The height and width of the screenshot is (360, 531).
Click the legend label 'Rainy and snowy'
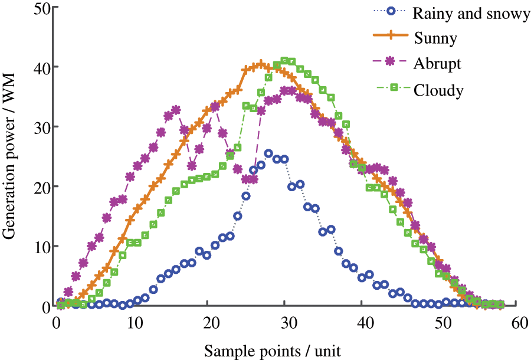tap(472, 14)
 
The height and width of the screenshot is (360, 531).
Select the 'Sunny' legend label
tap(436, 39)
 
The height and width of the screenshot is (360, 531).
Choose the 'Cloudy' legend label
tap(438, 90)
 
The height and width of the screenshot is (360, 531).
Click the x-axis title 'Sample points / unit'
tap(273, 351)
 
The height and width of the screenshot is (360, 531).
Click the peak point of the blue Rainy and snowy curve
tap(268, 153)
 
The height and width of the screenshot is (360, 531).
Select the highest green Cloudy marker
tap(285, 61)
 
